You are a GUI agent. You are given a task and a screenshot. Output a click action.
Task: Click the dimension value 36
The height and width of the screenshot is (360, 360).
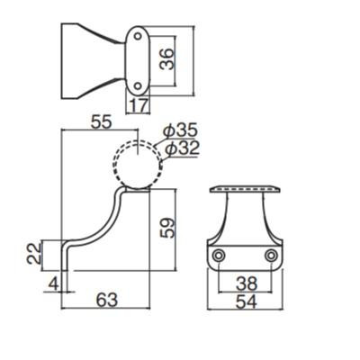pos(166,59)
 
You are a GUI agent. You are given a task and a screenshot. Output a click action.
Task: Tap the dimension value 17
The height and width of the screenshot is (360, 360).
pos(139,105)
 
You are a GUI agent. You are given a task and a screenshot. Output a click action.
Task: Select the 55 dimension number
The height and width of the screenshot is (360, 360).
pos(102,122)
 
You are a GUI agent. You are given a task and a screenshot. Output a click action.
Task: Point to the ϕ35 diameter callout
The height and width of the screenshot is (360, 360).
pos(180,131)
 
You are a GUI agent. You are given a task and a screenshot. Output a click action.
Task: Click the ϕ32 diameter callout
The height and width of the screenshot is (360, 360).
pos(182,148)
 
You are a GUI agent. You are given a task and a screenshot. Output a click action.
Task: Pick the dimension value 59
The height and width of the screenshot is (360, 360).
pos(166,228)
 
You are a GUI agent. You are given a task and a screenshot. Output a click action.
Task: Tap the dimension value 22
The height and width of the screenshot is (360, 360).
pos(33,254)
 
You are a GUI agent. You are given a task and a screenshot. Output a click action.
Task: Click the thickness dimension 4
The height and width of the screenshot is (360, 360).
pos(54,283)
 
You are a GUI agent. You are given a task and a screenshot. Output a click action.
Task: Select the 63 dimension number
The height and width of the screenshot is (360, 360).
pos(107,300)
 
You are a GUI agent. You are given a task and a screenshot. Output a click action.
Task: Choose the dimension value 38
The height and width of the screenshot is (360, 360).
pos(247,283)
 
